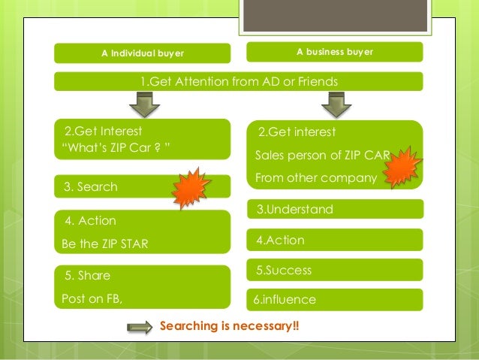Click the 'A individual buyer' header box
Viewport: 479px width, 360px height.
coord(142,53)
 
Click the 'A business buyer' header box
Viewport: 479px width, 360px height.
coord(334,52)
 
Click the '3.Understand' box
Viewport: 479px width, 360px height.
coord(334,209)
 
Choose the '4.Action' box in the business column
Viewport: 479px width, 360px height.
coord(334,240)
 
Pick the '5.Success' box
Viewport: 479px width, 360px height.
coord(334,270)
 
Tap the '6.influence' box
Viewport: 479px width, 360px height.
coord(334,299)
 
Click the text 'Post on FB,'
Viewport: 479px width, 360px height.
coord(92,298)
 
